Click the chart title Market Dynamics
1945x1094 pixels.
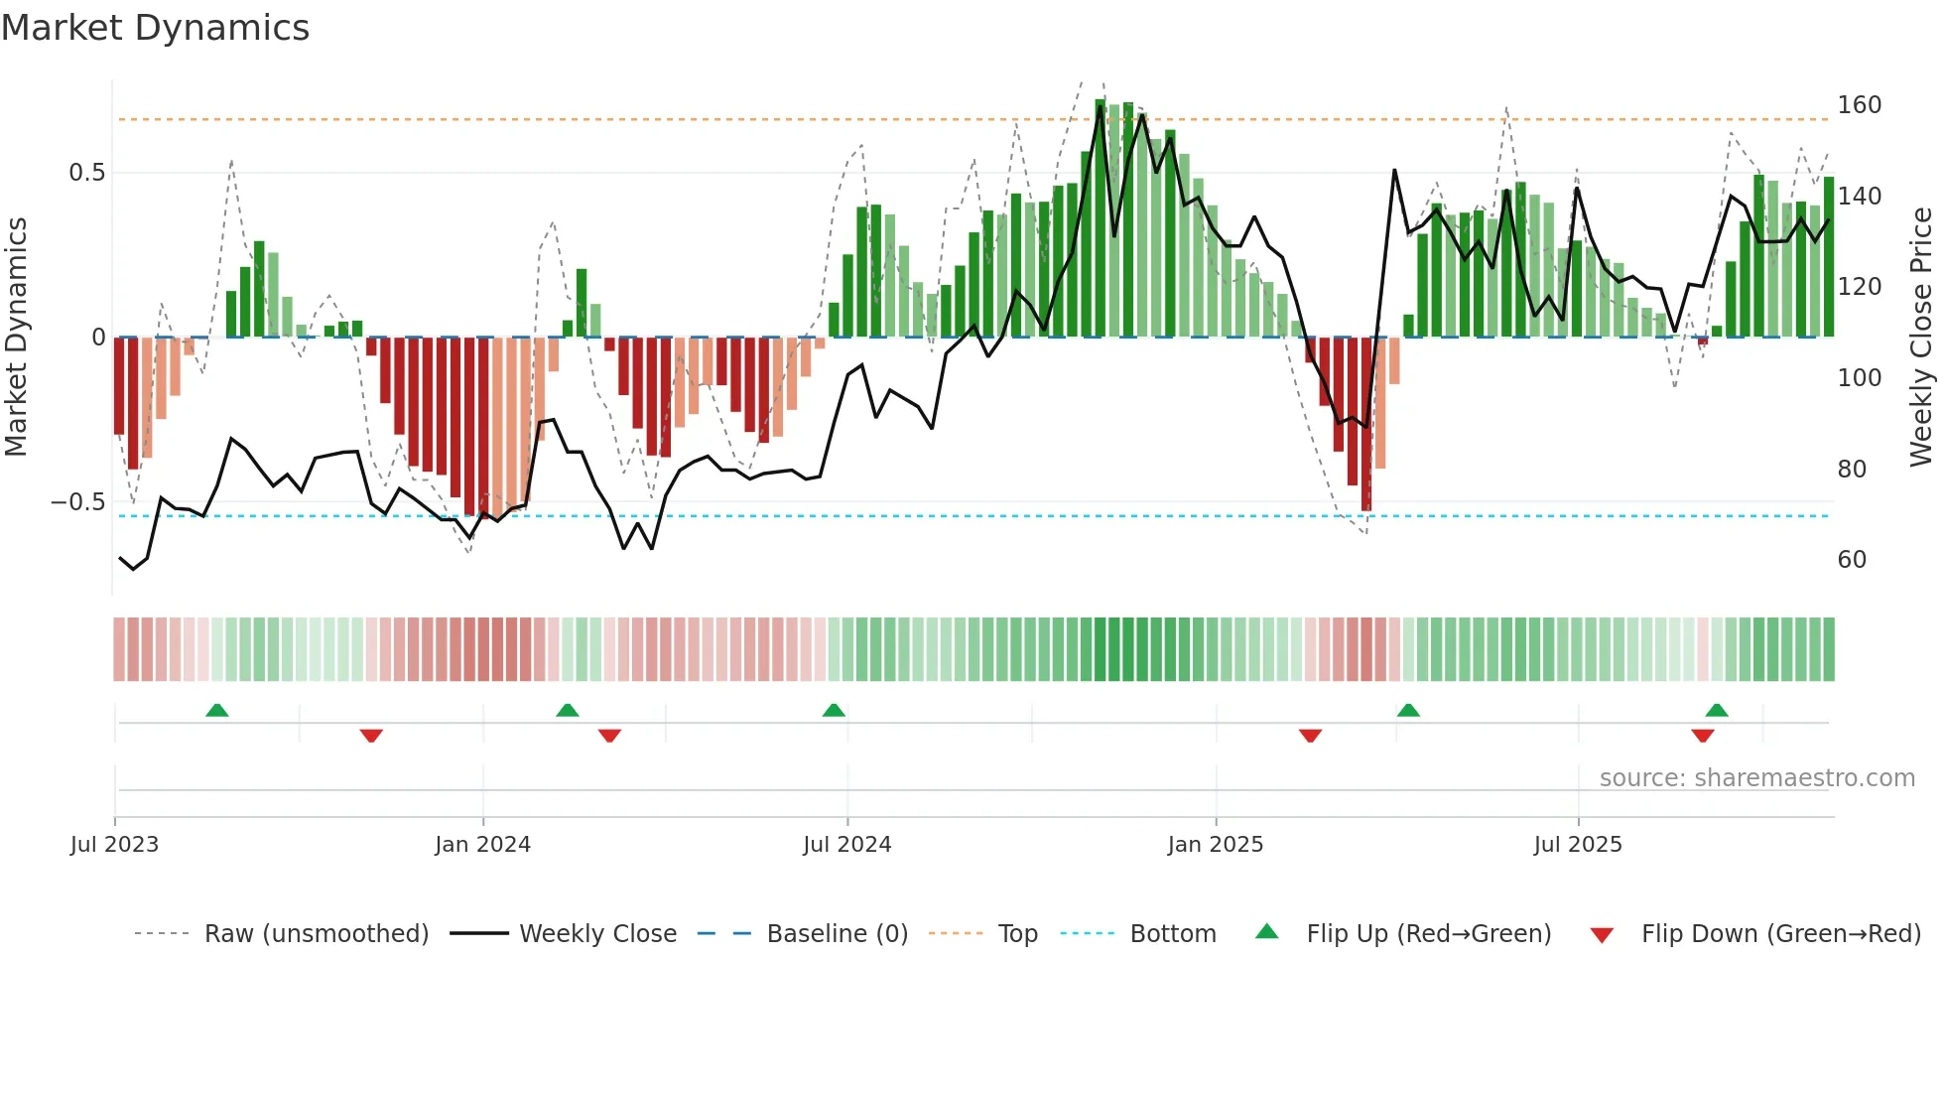[155, 28]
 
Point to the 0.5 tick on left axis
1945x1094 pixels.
[87, 173]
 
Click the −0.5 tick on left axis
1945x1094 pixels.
[78, 502]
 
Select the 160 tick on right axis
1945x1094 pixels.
[1859, 105]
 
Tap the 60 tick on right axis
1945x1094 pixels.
[1852, 560]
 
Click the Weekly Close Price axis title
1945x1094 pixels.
[1921, 337]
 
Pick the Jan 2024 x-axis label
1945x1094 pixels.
[482, 845]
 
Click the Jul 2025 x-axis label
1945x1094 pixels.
[1577, 845]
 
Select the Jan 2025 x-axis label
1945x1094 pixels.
[1215, 845]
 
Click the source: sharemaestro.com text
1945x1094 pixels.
[1756, 778]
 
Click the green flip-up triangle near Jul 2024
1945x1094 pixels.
[834, 710]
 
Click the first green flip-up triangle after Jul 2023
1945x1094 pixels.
[217, 710]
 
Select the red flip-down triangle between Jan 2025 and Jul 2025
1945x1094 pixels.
[1310, 736]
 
